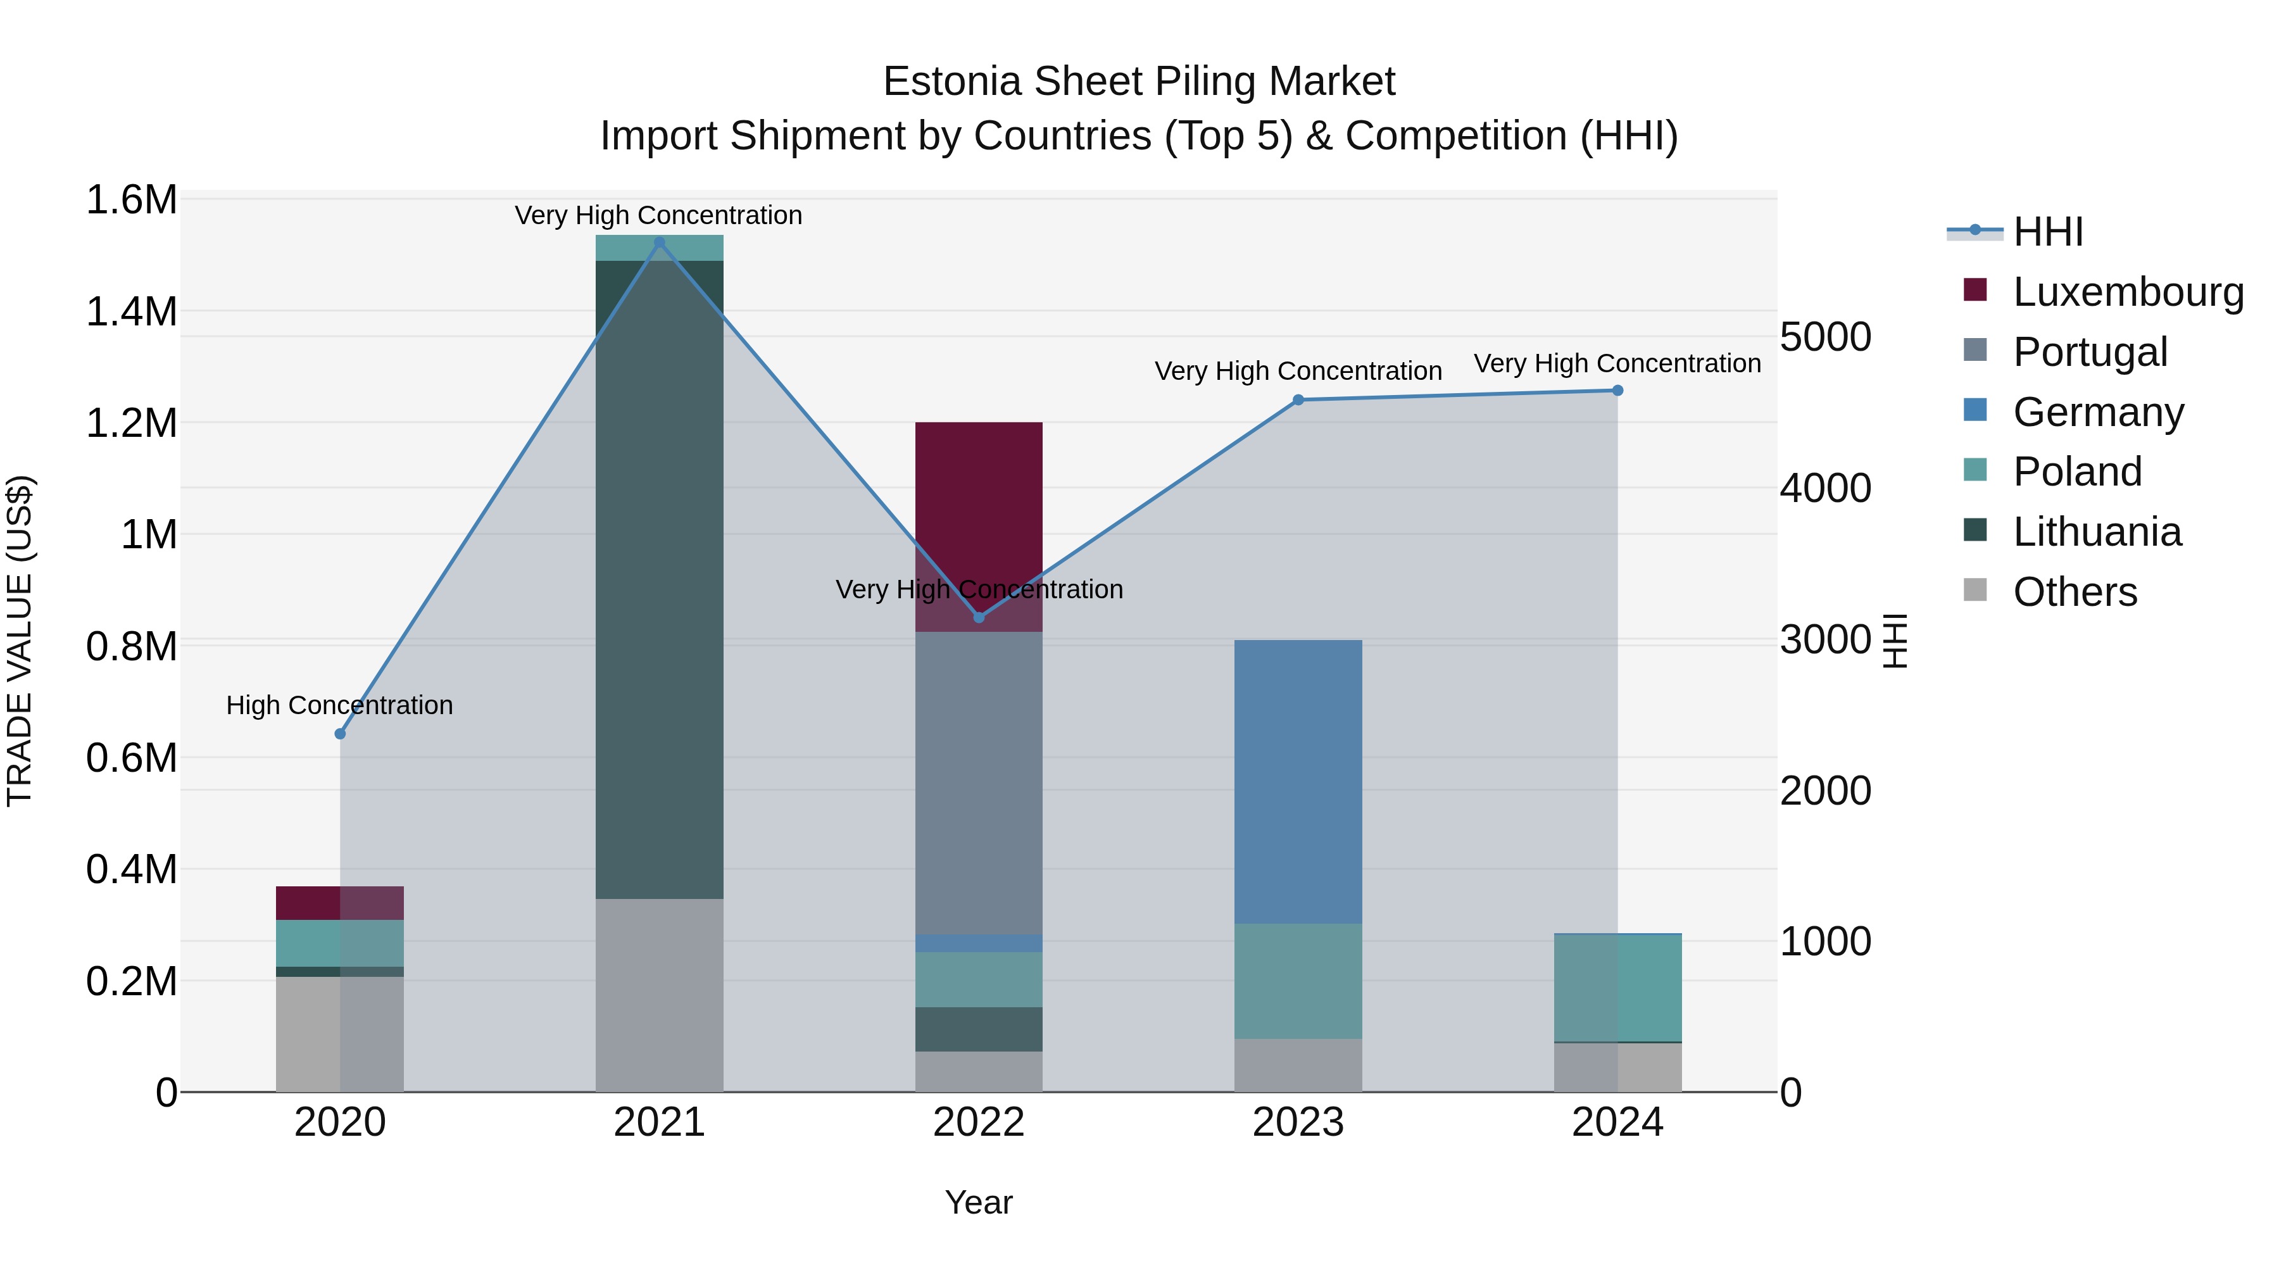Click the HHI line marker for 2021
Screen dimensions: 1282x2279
[659, 242]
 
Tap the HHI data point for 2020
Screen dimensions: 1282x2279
[340, 734]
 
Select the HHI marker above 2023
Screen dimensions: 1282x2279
[1298, 400]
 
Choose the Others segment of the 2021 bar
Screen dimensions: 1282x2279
[659, 995]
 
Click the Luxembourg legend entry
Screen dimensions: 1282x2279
[2127, 292]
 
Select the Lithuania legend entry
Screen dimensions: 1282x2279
[2096, 532]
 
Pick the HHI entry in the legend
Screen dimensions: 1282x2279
[2047, 232]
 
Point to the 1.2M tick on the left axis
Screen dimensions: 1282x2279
[131, 423]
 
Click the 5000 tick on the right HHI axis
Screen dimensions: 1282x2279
[1825, 337]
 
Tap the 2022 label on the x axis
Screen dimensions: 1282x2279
[979, 1122]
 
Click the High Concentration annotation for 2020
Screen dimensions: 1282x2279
[340, 705]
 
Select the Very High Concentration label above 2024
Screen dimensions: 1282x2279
[1617, 363]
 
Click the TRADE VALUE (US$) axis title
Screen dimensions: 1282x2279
[20, 641]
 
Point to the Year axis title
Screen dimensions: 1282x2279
[979, 1202]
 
